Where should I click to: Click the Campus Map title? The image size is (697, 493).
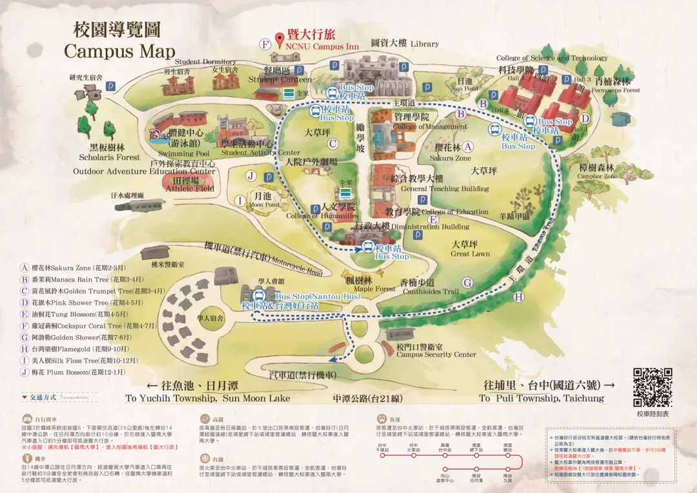(x=119, y=51)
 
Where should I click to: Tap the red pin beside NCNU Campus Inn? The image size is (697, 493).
(x=279, y=41)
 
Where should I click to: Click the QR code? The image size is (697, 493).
(x=652, y=387)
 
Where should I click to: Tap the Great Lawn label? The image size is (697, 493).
(x=470, y=254)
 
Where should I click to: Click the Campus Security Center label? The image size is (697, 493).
(x=436, y=354)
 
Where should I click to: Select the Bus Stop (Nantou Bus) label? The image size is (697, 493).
(x=307, y=296)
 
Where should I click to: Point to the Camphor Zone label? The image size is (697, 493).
(x=597, y=176)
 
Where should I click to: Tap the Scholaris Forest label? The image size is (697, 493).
(x=110, y=157)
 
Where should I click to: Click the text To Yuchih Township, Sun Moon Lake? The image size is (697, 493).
(x=208, y=398)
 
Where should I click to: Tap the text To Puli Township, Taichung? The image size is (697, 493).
(x=542, y=398)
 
